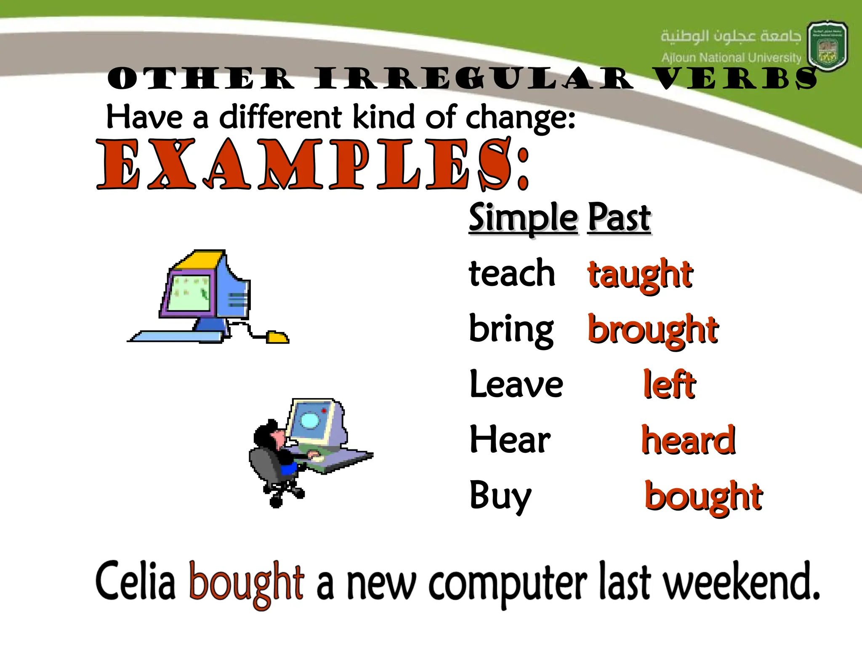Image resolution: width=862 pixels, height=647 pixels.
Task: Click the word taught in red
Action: [640, 275]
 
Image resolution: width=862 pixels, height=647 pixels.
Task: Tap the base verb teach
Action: [512, 274]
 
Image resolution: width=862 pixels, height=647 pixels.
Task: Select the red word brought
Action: [653, 330]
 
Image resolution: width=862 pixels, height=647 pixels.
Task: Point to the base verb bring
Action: [511, 330]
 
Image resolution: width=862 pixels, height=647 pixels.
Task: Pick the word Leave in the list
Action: [516, 384]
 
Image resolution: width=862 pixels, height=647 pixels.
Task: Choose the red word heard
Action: [688, 440]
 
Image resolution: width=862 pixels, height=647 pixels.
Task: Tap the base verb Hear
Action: [510, 440]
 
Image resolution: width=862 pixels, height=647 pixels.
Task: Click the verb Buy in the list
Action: [500, 496]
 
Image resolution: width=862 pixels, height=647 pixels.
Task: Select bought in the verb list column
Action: [703, 497]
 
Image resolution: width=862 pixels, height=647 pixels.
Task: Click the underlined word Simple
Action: [523, 218]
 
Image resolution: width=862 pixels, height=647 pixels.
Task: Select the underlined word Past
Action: [619, 218]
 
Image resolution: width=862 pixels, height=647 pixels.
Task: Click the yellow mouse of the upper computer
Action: [277, 337]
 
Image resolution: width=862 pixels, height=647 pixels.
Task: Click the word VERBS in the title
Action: [737, 79]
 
